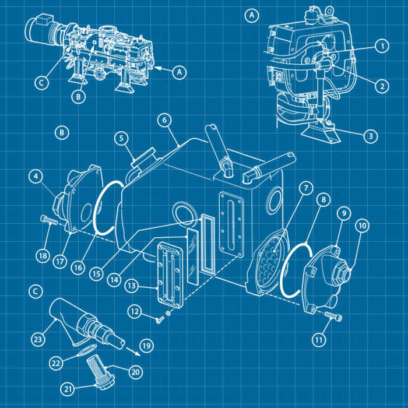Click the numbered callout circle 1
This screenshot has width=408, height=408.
click(382, 46)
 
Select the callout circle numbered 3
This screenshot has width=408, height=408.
click(371, 136)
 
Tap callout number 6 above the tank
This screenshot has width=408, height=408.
click(164, 120)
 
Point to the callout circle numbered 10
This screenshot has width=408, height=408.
click(363, 226)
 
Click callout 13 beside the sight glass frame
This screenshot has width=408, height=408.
click(131, 286)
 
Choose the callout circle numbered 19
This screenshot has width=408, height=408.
click(146, 346)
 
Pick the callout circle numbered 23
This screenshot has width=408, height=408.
click(38, 339)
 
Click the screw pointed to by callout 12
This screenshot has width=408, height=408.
click(160, 319)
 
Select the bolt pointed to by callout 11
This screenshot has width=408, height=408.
click(333, 316)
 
